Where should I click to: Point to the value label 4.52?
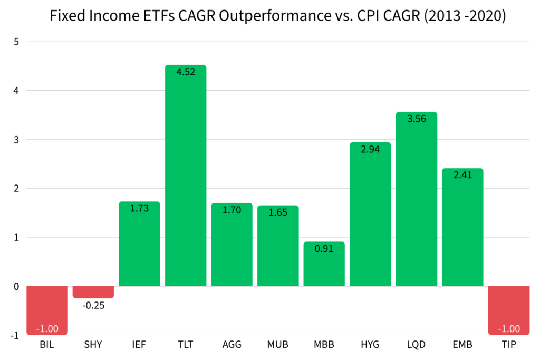186,72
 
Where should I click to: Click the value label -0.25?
93,305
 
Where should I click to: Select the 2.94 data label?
370,150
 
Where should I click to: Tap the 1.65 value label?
278,213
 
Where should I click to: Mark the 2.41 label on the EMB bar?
462,176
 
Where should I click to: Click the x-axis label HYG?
370,345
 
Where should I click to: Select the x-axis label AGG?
232,345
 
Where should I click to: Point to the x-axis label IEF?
139,345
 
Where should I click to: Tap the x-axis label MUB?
278,345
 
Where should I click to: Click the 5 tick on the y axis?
16,42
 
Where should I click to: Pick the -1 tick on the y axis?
15,335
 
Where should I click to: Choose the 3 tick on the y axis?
16,140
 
